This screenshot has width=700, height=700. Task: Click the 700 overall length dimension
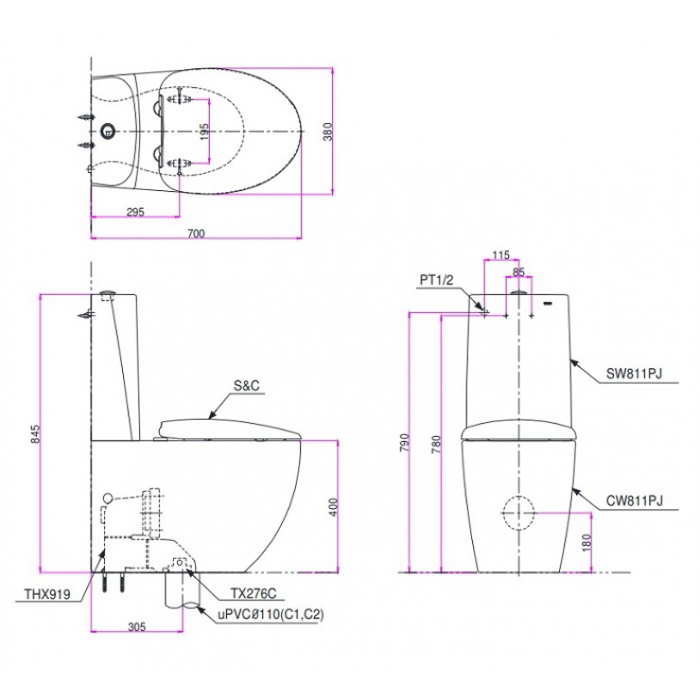(196, 233)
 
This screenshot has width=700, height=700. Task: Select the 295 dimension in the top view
(134, 211)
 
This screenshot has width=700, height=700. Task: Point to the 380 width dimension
(328, 132)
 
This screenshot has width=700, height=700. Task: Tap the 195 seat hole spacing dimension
(203, 132)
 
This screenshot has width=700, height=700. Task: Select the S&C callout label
(246, 386)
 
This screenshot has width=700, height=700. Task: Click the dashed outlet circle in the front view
(517, 512)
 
